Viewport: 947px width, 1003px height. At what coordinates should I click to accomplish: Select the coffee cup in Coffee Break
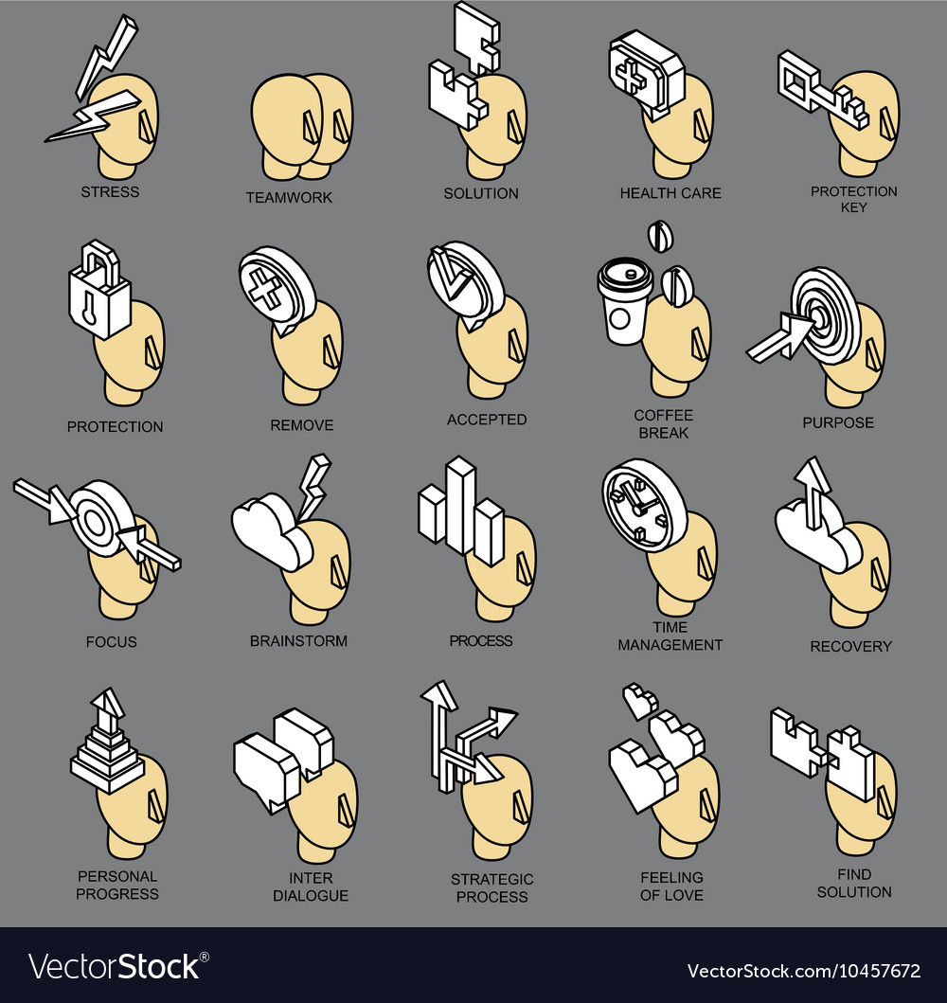coord(624,302)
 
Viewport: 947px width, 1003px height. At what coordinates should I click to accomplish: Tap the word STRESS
coord(110,192)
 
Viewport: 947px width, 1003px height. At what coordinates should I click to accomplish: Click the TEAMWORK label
coord(289,198)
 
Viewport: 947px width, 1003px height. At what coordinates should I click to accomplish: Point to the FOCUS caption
coord(111,642)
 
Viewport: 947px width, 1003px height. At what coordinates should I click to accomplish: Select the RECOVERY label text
coord(850,647)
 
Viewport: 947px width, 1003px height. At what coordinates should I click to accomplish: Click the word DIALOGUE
coord(311,896)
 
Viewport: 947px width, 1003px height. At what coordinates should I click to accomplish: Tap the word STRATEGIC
coord(491,880)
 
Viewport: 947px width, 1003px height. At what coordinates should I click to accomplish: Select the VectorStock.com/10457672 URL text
coord(802,971)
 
